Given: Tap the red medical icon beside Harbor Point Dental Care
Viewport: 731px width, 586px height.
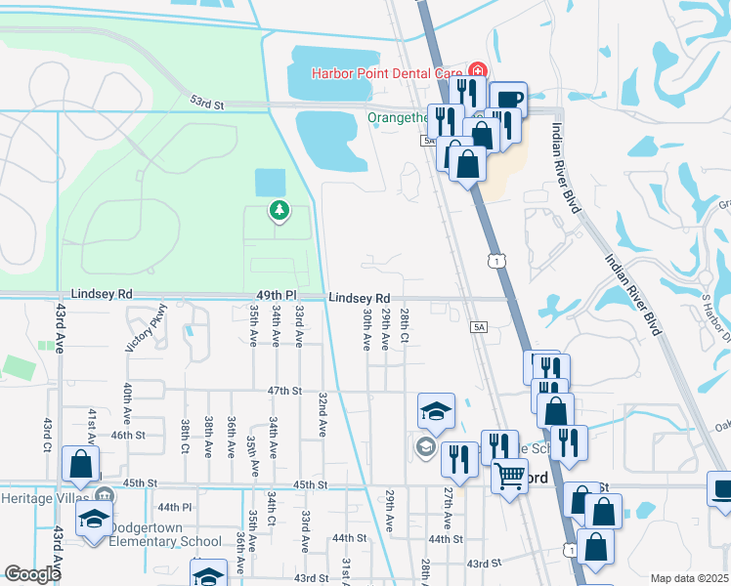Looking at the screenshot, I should tap(477, 70).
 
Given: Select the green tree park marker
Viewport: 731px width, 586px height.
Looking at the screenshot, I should tap(279, 211).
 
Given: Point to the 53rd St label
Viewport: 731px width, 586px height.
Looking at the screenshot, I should tap(207, 102).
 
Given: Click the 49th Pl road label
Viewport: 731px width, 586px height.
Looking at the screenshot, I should tap(277, 295).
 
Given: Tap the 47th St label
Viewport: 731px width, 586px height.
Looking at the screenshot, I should tap(286, 390).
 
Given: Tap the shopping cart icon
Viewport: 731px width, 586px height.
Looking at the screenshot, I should tap(508, 478).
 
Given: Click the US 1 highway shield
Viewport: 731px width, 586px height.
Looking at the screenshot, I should tap(498, 261).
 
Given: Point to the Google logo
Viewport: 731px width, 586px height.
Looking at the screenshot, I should tap(32, 574).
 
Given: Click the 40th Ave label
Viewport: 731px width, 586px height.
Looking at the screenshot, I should tap(128, 401).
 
